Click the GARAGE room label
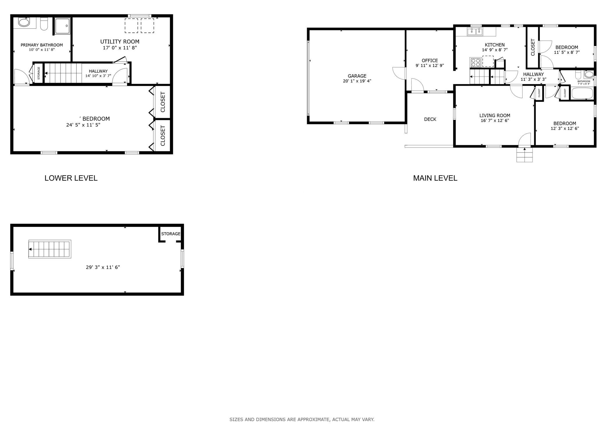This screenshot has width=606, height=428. pyautogui.click(x=357, y=76)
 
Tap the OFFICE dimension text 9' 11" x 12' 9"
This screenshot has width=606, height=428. pyautogui.click(x=429, y=66)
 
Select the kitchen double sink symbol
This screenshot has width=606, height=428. pyautogui.click(x=475, y=31)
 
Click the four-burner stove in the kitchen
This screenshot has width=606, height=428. pyautogui.click(x=475, y=62)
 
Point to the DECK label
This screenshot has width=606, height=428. pyautogui.click(x=430, y=119)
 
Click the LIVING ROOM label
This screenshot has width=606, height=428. pyautogui.click(x=495, y=116)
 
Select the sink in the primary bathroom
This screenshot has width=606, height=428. pyautogui.click(x=24, y=22)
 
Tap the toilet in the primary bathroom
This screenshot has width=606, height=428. pyautogui.click(x=44, y=24)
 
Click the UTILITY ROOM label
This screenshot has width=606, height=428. pyautogui.click(x=120, y=42)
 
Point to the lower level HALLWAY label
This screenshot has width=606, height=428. pyautogui.click(x=98, y=71)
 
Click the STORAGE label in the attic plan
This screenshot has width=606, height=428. pyautogui.click(x=171, y=234)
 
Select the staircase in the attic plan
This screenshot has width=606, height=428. pyautogui.click(x=50, y=249)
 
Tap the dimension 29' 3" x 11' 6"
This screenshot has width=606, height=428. pyautogui.click(x=103, y=267)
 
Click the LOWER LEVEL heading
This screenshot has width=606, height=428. pyautogui.click(x=71, y=178)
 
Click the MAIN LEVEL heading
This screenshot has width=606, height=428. pyautogui.click(x=435, y=178)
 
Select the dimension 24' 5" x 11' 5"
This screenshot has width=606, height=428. pyautogui.click(x=83, y=125)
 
